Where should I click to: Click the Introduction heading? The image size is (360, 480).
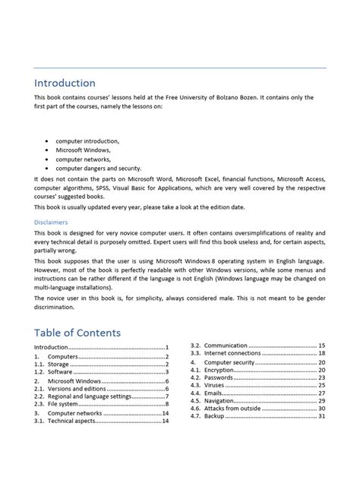[x=65, y=83]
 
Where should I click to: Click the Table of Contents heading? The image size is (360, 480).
[x=77, y=333]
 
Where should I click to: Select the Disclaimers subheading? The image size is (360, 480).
[x=51, y=222]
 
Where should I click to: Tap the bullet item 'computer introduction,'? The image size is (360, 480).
[x=87, y=141]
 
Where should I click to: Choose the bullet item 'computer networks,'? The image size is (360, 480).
[x=83, y=159]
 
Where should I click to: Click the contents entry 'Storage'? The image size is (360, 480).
[x=60, y=364]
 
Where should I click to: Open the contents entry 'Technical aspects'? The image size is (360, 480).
[x=74, y=421]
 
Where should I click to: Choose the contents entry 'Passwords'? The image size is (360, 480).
[x=220, y=377]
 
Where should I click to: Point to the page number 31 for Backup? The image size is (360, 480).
[x=322, y=416]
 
